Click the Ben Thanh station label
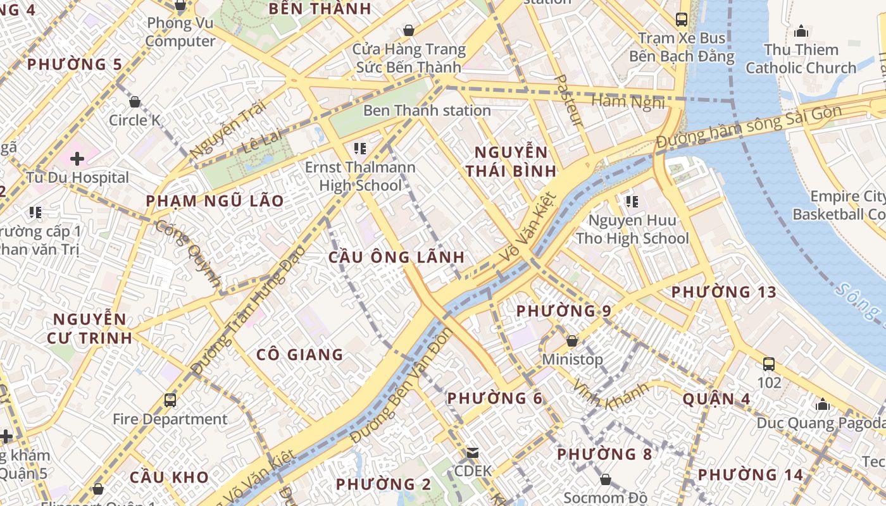click(x=427, y=111)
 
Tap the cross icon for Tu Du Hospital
click(x=77, y=158)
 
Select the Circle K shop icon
click(x=135, y=101)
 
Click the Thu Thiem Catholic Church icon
click(x=801, y=31)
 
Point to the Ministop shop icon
click(x=572, y=341)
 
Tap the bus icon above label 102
click(x=769, y=364)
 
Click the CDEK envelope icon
click(x=473, y=453)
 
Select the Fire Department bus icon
click(x=170, y=400)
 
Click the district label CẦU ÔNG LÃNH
click(x=397, y=257)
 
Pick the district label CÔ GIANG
click(x=300, y=355)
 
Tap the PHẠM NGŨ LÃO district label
click(x=215, y=201)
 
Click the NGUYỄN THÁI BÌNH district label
click(x=511, y=161)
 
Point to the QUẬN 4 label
click(x=716, y=399)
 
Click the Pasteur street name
click(x=568, y=100)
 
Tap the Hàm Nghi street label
click(x=628, y=101)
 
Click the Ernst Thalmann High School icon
click(x=360, y=149)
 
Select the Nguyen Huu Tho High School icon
click(x=631, y=202)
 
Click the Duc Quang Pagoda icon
click(x=823, y=404)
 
